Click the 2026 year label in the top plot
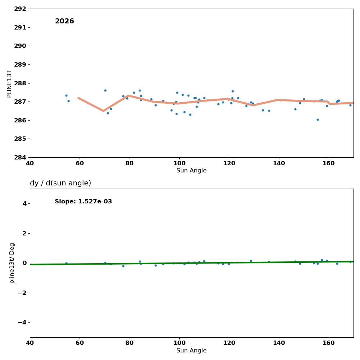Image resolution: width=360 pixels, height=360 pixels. coord(64,22)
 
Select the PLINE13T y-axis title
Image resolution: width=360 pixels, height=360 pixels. coord(10,84)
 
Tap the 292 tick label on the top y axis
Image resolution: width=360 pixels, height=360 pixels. coord(20,9)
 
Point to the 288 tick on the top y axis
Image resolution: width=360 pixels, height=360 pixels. coord(20,83)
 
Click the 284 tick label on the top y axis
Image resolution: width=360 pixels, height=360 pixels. coord(20,157)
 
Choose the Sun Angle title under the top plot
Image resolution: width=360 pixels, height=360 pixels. coord(192,171)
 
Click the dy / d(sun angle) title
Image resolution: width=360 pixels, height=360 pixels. coord(60,183)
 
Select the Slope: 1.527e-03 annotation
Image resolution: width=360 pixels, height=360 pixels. coord(83,202)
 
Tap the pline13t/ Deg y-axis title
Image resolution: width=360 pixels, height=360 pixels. coord(12,263)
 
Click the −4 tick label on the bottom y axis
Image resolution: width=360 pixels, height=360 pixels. coord(22,322)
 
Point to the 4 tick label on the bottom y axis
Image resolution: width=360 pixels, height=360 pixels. coord(24,204)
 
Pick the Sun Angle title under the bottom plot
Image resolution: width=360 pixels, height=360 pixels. coord(192,351)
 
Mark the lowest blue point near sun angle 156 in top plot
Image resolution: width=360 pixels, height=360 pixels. coord(318,120)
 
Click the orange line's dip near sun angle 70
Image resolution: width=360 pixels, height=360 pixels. coord(103,111)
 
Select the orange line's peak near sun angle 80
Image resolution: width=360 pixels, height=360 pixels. coord(129,95)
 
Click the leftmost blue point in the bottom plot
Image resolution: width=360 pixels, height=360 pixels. coord(66,263)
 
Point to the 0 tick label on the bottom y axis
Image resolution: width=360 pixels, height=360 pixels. coord(24,263)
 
